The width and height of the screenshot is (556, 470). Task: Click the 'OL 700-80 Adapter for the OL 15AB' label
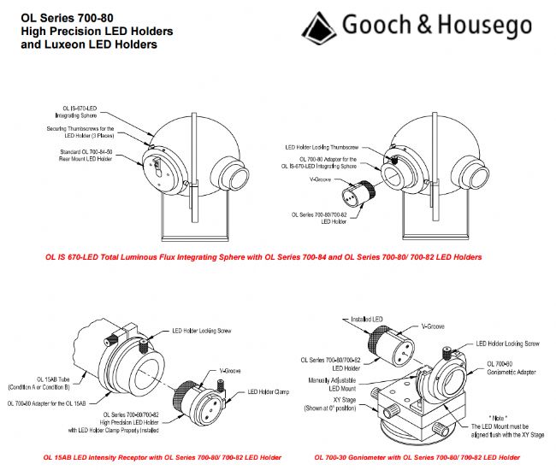pos(52,403)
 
